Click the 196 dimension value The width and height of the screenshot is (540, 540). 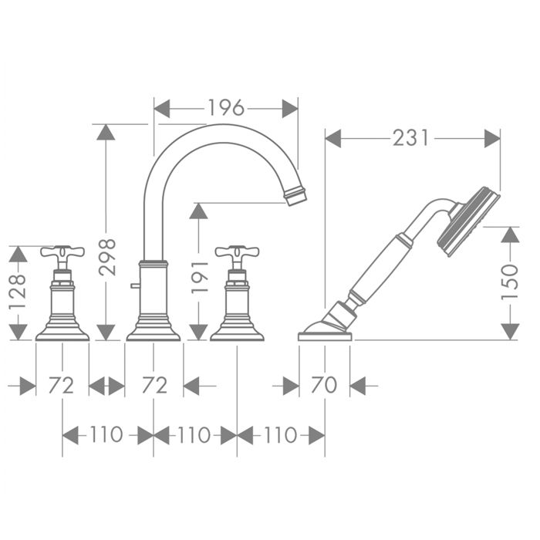(226, 108)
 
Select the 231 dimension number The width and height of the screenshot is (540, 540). (411, 138)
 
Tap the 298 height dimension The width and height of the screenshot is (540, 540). (106, 257)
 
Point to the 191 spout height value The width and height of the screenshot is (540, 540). (200, 277)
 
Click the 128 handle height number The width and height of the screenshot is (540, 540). (17, 292)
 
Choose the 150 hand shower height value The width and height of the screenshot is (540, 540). (510, 282)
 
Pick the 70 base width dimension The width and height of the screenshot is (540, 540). (324, 385)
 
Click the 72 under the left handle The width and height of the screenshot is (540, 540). (61, 385)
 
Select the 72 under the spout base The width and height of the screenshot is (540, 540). (154, 385)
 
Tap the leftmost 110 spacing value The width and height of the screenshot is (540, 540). (106, 434)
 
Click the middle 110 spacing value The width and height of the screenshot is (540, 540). (194, 434)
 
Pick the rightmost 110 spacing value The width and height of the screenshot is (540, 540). (281, 434)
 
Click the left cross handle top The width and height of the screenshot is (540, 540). (62, 252)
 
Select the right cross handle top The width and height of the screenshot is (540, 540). (237, 252)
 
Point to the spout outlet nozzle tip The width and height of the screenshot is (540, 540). (295, 196)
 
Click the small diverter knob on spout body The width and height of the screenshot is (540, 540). (135, 285)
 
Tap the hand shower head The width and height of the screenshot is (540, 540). (469, 222)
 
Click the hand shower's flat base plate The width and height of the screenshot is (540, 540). (325, 336)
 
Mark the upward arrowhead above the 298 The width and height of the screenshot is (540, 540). (106, 132)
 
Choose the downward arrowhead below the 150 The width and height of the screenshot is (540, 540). (510, 332)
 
